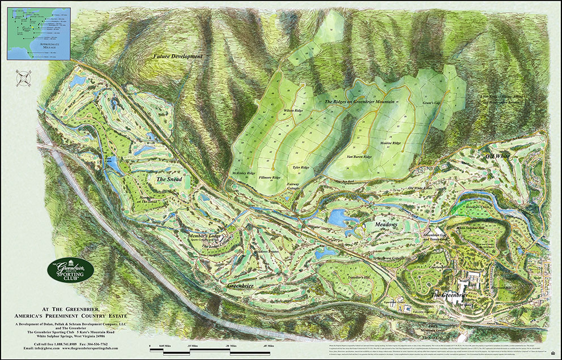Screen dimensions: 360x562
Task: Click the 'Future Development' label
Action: click(178, 57)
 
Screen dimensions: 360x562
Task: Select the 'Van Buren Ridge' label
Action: click(359, 156)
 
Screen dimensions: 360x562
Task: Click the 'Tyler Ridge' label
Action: click(301, 168)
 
